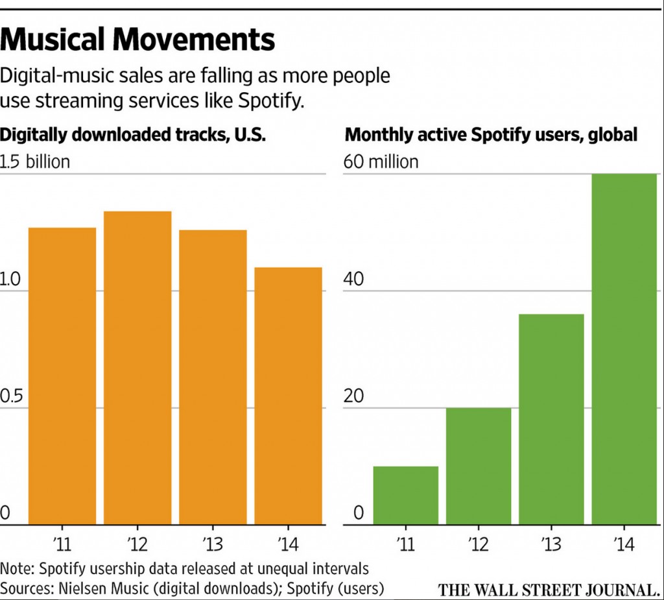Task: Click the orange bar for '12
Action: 137,368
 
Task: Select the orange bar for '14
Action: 288,396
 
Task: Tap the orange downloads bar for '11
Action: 62,376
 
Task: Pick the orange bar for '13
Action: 213,377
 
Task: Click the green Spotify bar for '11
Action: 406,495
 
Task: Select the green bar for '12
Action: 479,466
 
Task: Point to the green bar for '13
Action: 551,419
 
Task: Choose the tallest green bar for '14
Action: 624,349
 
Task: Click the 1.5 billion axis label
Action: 35,162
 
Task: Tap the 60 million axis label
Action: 381,162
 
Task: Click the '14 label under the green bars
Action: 624,541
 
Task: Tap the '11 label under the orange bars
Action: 62,541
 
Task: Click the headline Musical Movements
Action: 138,40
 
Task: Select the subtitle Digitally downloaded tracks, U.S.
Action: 134,135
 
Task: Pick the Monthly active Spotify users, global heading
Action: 492,135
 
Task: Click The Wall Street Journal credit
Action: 548,590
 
